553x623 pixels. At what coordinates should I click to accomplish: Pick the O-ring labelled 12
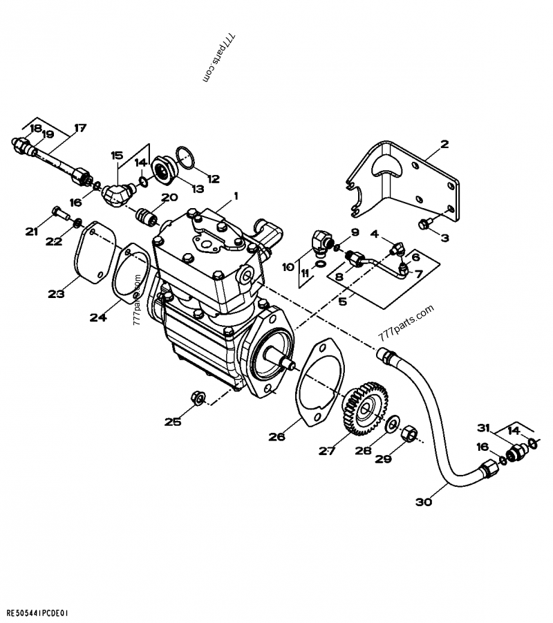click(x=186, y=158)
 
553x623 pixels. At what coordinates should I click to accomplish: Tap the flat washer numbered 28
click(x=393, y=423)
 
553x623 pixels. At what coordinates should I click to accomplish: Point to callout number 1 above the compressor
click(x=235, y=196)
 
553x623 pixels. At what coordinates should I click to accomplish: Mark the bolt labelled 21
click(x=58, y=214)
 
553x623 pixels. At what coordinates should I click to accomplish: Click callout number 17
click(x=80, y=127)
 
